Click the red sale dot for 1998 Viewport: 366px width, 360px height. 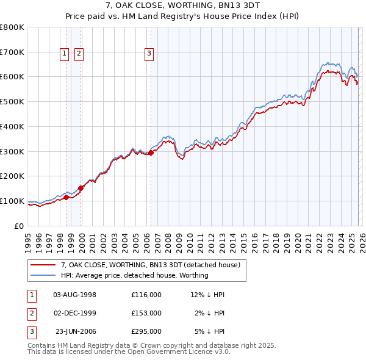pos(66,196)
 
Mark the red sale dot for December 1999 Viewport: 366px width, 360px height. pos(81,188)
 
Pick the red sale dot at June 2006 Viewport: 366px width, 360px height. pos(151,153)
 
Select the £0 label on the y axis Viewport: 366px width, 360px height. pos(19,226)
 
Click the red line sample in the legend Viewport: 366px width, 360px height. pos(43,265)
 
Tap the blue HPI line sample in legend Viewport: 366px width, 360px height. pos(43,275)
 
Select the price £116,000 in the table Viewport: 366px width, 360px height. pos(146,295)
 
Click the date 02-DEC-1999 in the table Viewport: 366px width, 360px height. pos(75,313)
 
